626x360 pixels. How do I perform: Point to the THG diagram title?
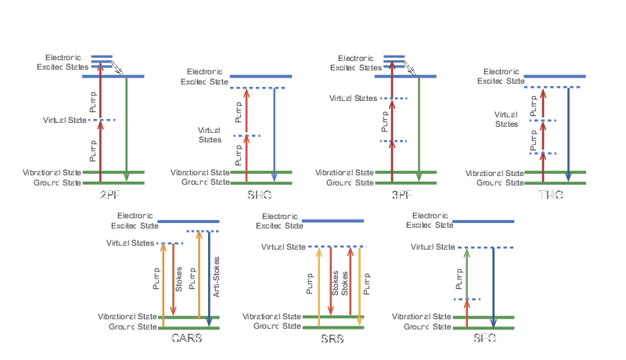pyautogui.click(x=552, y=195)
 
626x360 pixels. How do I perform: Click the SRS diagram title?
pyautogui.click(x=333, y=339)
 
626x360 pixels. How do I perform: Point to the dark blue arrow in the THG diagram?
pyautogui.click(x=569, y=133)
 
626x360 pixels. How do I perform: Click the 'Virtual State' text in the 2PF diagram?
pyautogui.click(x=64, y=120)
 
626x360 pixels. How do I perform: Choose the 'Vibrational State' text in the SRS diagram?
pyautogui.click(x=272, y=317)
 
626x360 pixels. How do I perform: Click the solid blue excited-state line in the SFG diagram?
pyautogui.click(x=484, y=222)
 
